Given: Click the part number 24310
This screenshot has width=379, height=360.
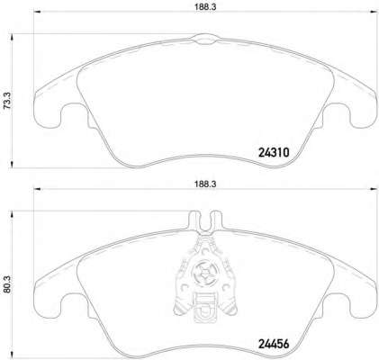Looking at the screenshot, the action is [x=274, y=153].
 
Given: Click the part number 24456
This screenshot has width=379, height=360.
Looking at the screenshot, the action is [x=274, y=344].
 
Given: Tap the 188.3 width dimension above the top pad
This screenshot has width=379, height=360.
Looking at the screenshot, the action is [x=205, y=7].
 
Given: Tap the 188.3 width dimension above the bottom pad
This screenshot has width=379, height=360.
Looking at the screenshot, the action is [x=205, y=184].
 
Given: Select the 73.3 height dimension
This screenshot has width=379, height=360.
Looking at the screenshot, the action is [x=7, y=101].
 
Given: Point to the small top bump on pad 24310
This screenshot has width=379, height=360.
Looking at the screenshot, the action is [x=204, y=39].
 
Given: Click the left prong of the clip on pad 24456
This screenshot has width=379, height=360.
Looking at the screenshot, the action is [x=194, y=220].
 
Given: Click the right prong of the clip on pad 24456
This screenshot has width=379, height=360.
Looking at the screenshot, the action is [x=215, y=220].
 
